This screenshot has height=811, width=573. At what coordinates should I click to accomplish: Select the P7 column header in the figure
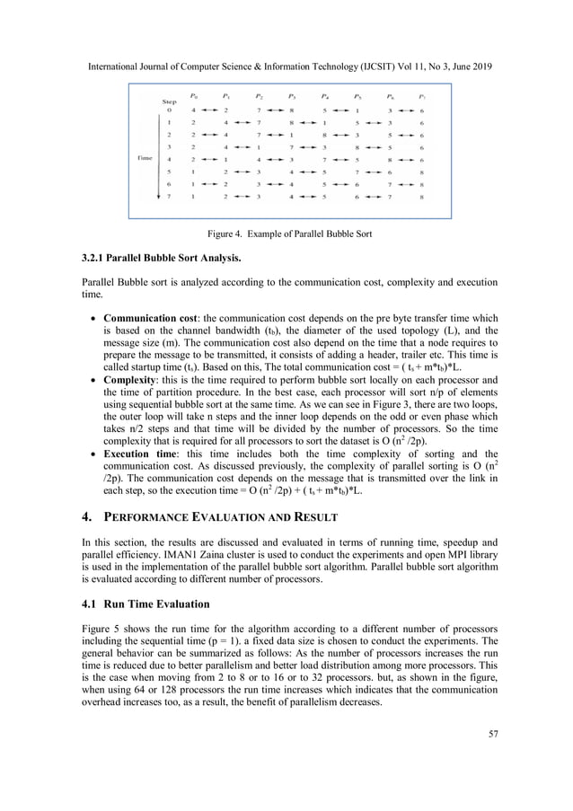[420, 94]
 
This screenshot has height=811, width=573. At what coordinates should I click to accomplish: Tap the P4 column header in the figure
[323, 94]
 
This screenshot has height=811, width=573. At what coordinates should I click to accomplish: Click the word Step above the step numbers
[168, 101]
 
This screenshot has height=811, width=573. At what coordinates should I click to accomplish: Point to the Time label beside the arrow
[145, 157]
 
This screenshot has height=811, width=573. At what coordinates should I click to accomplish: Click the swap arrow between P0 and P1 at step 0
[210, 110]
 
